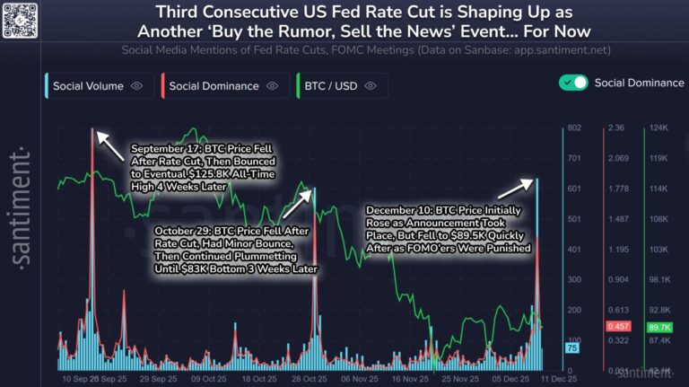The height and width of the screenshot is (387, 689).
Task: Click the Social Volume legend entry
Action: tap(87, 86)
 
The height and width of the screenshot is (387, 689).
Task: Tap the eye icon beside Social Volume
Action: tap(137, 86)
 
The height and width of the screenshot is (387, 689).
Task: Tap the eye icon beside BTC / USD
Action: tap(370, 86)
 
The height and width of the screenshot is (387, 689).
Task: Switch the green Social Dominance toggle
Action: tap(573, 83)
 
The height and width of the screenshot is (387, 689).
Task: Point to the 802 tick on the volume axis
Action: tap(574, 128)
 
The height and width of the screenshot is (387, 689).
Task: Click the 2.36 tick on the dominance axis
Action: tap(615, 128)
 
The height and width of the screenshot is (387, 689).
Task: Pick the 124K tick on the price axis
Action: tap(658, 128)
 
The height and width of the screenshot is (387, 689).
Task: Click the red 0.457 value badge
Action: tap(619, 326)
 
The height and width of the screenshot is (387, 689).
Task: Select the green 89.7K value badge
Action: tap(660, 326)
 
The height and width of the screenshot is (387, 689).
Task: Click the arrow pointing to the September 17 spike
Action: tap(110, 145)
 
